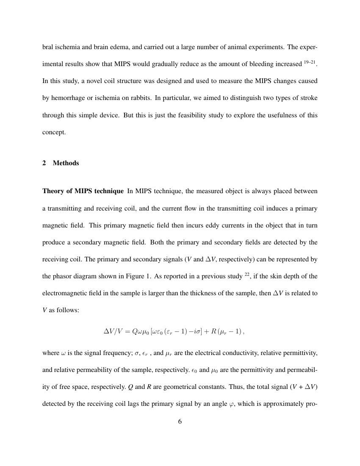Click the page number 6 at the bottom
click(x=180, y=421)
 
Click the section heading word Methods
click(x=66, y=163)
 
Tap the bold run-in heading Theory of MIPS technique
click(x=83, y=191)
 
